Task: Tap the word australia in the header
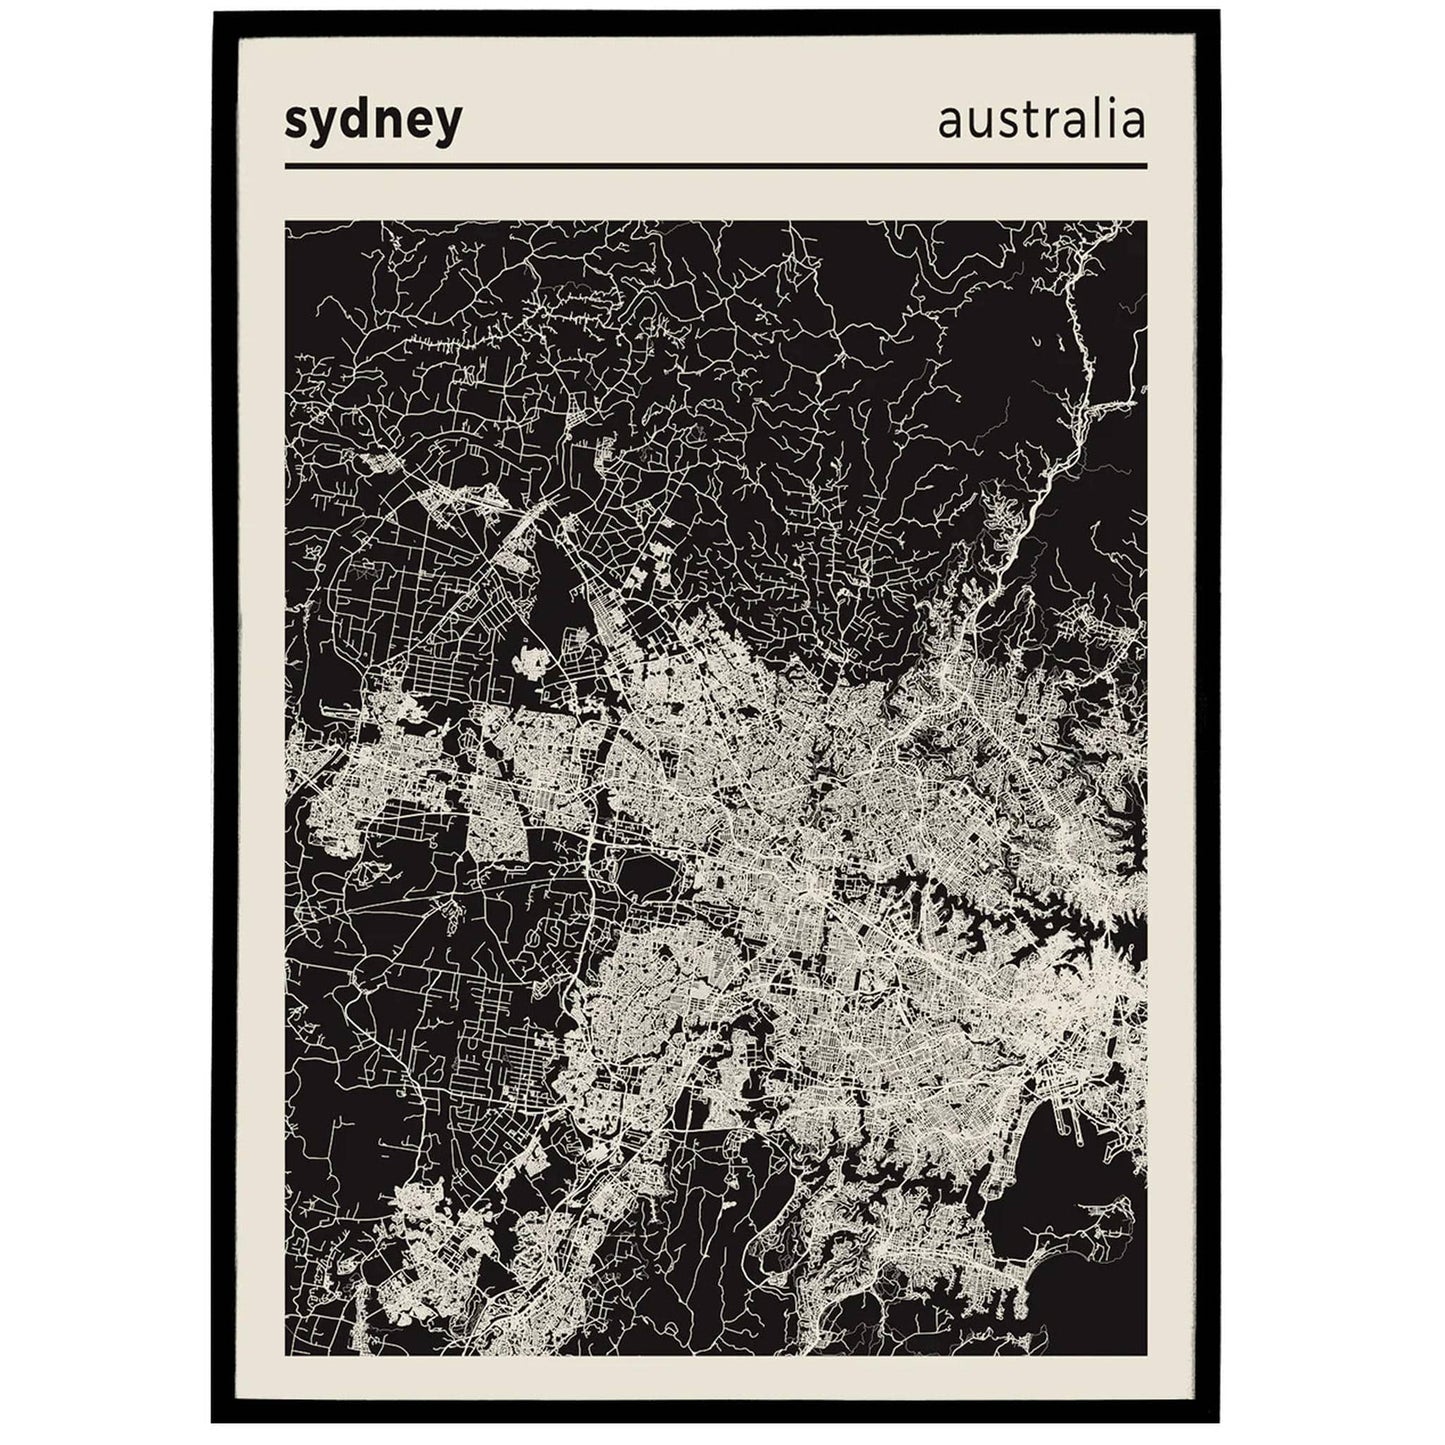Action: click(1041, 120)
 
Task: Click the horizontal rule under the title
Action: click(715, 166)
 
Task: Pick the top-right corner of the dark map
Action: click(1145, 222)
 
